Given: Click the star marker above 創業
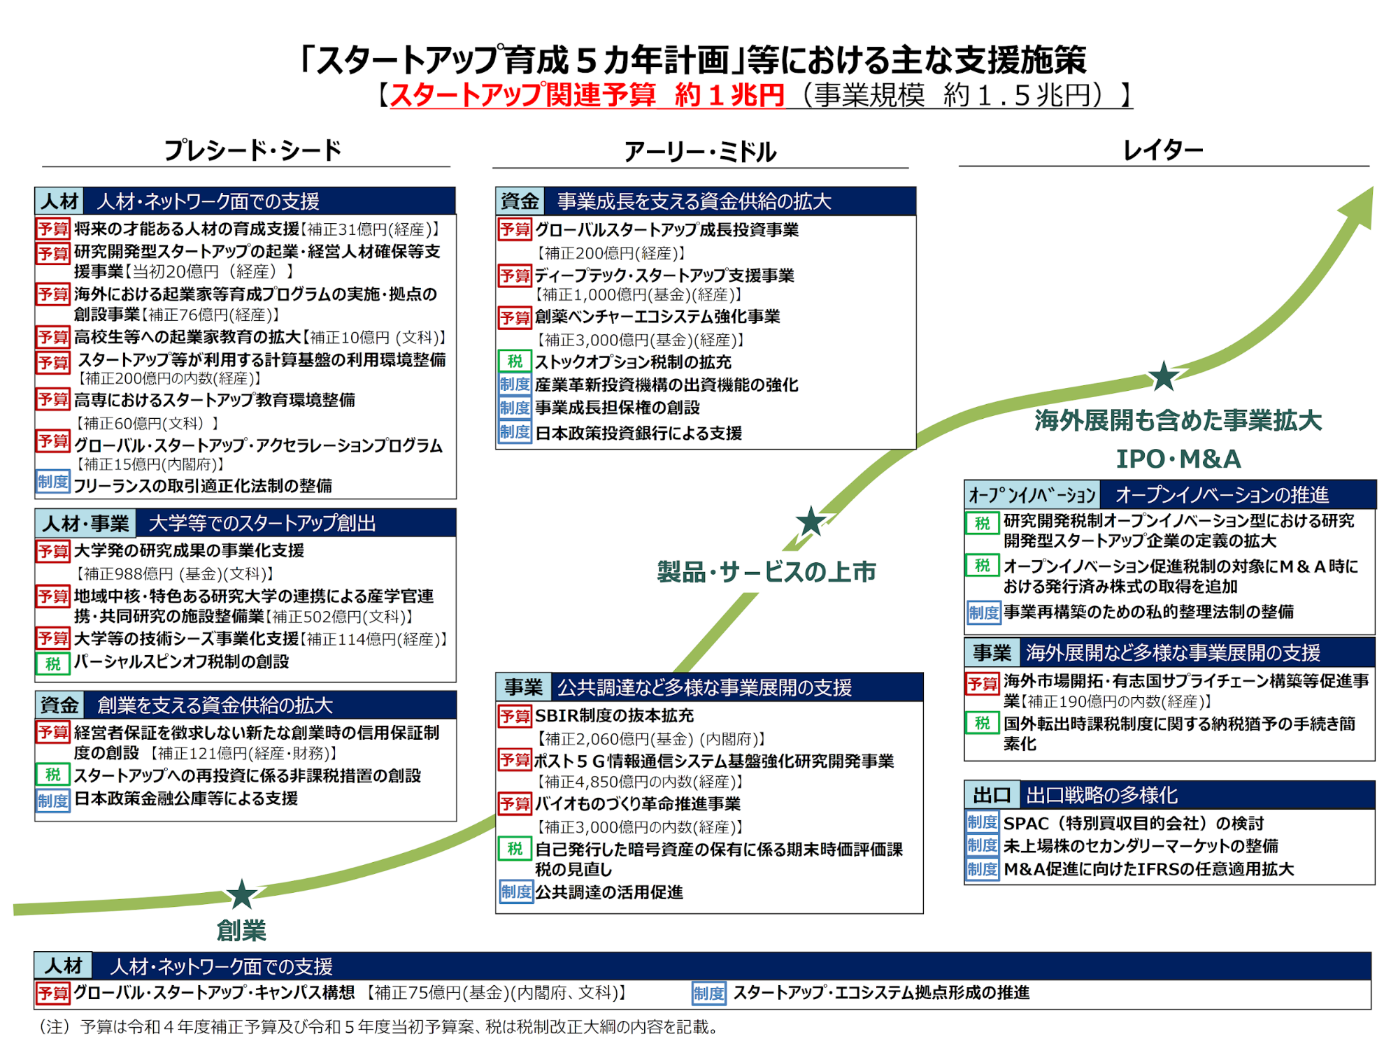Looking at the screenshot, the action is tap(241, 894).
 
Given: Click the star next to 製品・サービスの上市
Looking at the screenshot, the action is tap(811, 521).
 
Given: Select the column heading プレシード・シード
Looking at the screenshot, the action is tap(252, 150).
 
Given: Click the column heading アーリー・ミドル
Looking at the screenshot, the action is tap(700, 151).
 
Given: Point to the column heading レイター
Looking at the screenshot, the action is tap(1163, 150).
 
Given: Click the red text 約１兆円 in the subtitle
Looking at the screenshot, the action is tap(729, 94).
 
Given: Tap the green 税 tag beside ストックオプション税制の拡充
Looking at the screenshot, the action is tap(515, 361).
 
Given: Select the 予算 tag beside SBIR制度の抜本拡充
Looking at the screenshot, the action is tap(515, 716).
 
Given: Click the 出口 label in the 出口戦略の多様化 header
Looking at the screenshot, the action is tap(992, 795).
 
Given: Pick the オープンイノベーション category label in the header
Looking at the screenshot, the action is tap(1032, 495).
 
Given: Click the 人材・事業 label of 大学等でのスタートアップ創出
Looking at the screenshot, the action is tap(86, 523).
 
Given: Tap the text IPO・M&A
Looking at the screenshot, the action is tap(1178, 459).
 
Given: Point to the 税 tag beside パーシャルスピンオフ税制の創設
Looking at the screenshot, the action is tap(53, 663).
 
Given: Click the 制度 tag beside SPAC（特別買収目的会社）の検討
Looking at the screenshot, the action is tap(983, 822).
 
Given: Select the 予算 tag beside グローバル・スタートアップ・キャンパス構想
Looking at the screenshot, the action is tap(53, 993).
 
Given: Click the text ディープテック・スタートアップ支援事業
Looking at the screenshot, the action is tap(664, 275).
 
